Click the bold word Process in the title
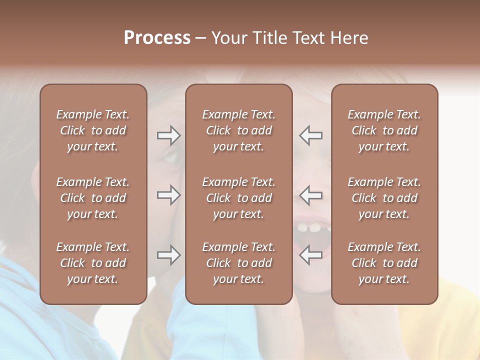157,38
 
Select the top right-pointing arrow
168,135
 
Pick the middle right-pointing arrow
168,195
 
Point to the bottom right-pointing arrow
168,255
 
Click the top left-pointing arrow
310,135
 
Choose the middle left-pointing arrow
310,195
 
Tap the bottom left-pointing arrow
310,255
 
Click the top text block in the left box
93,130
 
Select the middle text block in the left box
93,198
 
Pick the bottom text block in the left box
93,263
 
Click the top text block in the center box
239,130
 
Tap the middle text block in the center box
239,198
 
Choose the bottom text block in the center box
239,263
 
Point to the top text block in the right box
384,130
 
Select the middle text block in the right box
384,198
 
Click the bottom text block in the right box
384,263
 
